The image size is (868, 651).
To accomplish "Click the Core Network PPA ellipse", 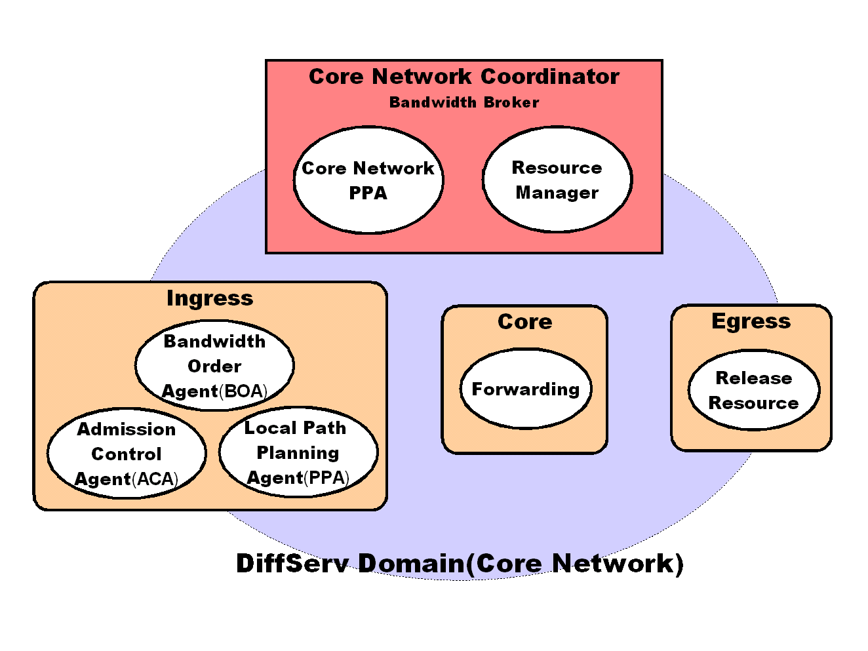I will click(x=368, y=180).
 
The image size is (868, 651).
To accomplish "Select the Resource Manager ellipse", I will click(x=557, y=180).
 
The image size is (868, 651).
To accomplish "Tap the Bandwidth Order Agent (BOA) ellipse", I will click(x=214, y=365).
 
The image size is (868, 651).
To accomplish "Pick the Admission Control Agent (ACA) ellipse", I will click(x=127, y=454).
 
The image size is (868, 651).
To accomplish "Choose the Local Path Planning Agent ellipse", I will click(x=298, y=452).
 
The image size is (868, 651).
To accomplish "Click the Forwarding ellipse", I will click(x=526, y=389).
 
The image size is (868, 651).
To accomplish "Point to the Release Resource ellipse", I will click(x=754, y=390).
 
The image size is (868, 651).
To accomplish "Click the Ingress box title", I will click(x=210, y=298).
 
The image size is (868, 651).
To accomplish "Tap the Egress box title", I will click(x=751, y=321).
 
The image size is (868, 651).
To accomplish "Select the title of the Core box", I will click(x=525, y=322).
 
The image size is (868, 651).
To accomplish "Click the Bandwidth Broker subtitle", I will click(x=464, y=102).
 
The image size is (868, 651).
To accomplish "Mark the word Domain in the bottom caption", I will click(x=411, y=563).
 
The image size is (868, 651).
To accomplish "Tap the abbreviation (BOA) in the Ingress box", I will click(x=243, y=391).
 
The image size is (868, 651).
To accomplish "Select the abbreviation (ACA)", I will click(x=155, y=479).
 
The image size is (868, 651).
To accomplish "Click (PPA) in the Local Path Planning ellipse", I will click(x=326, y=478).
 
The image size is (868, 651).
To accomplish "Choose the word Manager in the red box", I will click(x=557, y=193).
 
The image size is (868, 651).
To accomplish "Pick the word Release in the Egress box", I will click(x=754, y=378).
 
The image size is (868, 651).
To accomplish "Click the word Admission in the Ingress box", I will click(x=127, y=429).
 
